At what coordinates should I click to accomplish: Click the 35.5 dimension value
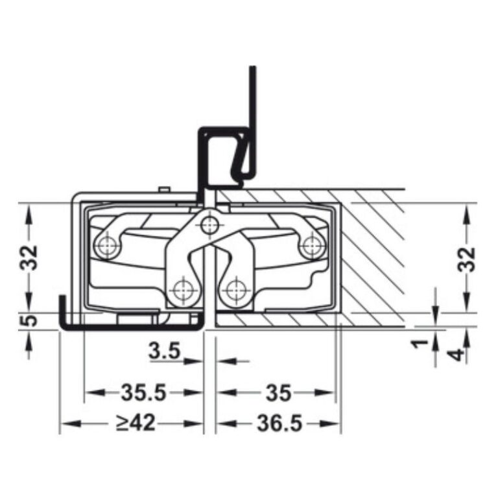pyautogui.click(x=143, y=392)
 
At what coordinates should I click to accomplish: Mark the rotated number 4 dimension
pyautogui.click(x=458, y=355)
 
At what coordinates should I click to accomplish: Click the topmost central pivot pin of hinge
pyautogui.click(x=208, y=225)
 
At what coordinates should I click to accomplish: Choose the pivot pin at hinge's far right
pyautogui.click(x=312, y=245)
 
